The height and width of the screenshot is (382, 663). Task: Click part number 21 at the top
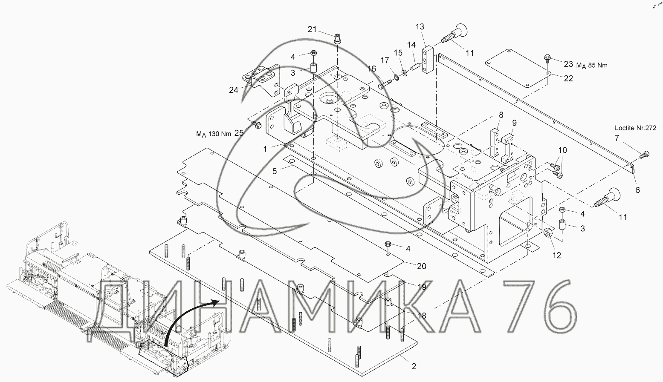312,29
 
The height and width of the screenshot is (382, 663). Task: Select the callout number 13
420,26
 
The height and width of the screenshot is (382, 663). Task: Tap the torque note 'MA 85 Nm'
592,65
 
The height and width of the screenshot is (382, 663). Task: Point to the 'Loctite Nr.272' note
635,128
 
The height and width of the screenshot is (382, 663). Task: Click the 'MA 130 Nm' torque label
214,134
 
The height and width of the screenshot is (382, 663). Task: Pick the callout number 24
234,90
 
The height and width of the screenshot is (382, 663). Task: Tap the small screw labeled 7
645,155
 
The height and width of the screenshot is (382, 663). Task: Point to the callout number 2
414,366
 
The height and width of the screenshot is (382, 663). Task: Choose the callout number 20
422,266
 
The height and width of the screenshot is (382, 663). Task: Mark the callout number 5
275,171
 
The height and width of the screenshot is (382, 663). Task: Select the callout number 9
515,123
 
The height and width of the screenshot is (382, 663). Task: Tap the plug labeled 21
337,39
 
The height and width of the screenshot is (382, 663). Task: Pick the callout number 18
422,316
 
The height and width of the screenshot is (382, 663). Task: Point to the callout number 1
265,149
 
